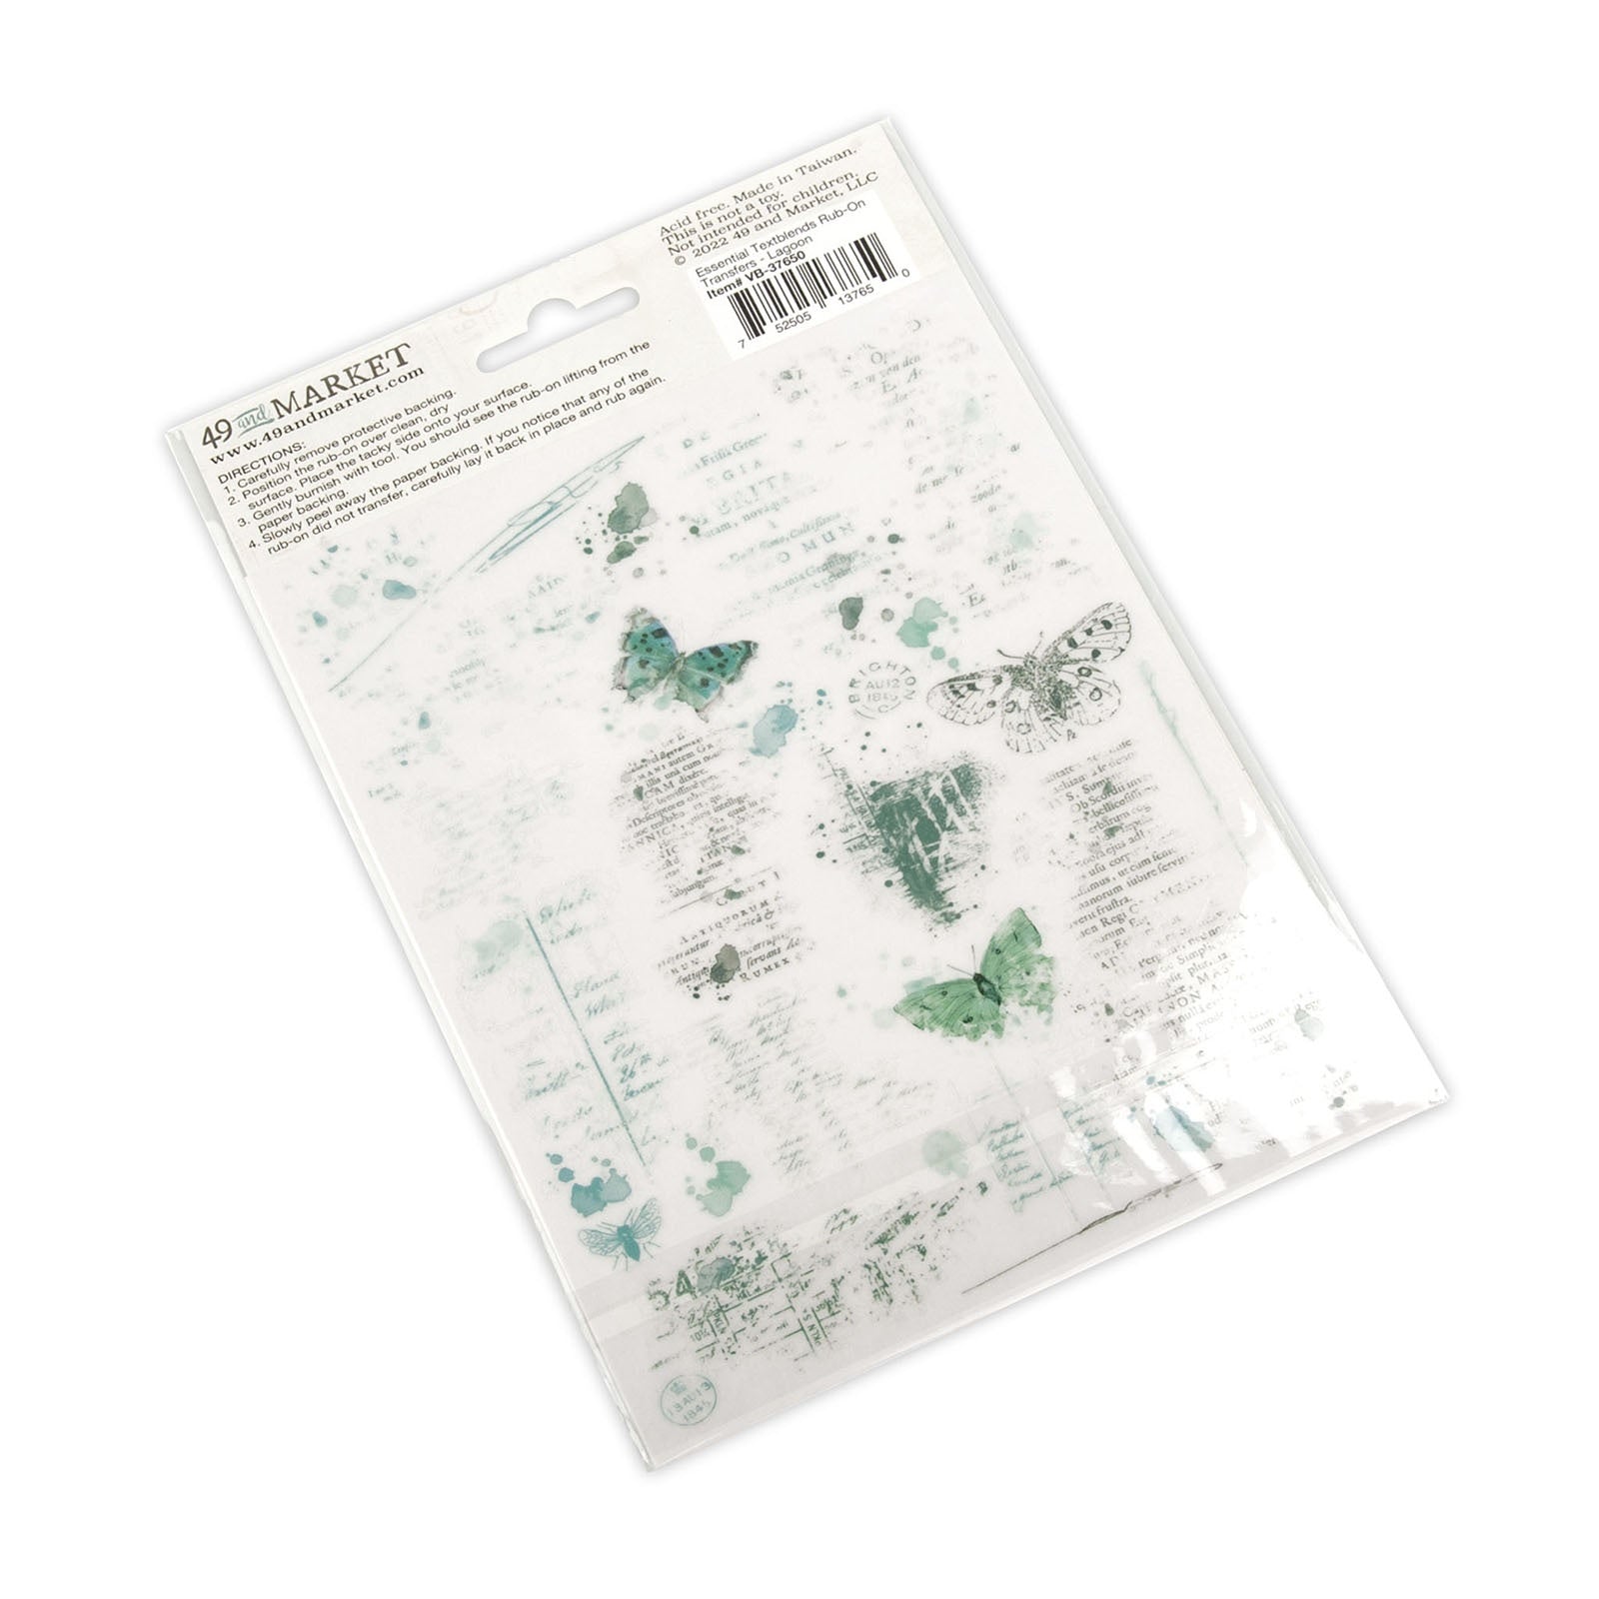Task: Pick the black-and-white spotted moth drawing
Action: (1029, 680)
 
